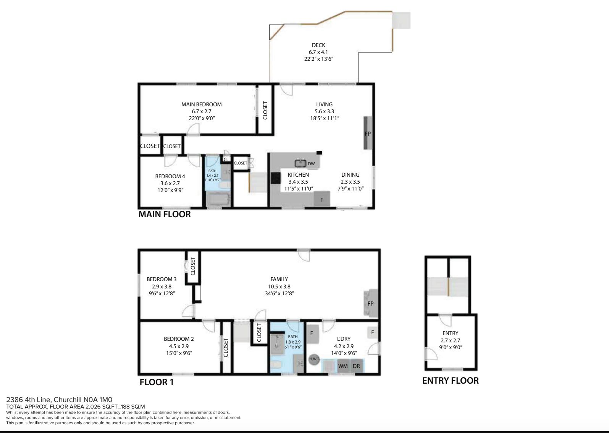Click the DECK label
pyautogui.click(x=318, y=45)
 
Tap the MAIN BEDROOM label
pyautogui.click(x=202, y=104)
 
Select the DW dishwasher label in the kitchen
pyautogui.click(x=311, y=164)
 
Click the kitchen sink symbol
pyautogui.click(x=300, y=163)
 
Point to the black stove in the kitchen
pyautogui.click(x=276, y=179)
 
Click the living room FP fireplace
pyautogui.click(x=368, y=133)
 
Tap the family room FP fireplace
pyautogui.click(x=371, y=303)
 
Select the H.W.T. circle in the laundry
pyautogui.click(x=314, y=359)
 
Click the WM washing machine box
pyautogui.click(x=343, y=366)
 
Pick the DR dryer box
pyautogui.click(x=357, y=366)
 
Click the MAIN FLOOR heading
pyautogui.click(x=165, y=214)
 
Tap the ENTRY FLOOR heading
pyautogui.click(x=451, y=381)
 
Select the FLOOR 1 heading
pyautogui.click(x=156, y=382)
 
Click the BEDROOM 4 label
pyautogui.click(x=170, y=176)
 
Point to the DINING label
pyautogui.click(x=350, y=174)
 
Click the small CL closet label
pyautogui.click(x=226, y=159)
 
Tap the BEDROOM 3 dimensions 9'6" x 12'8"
pyautogui.click(x=162, y=293)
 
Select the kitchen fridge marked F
pyautogui.click(x=322, y=199)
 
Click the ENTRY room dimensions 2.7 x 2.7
pyautogui.click(x=451, y=340)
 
